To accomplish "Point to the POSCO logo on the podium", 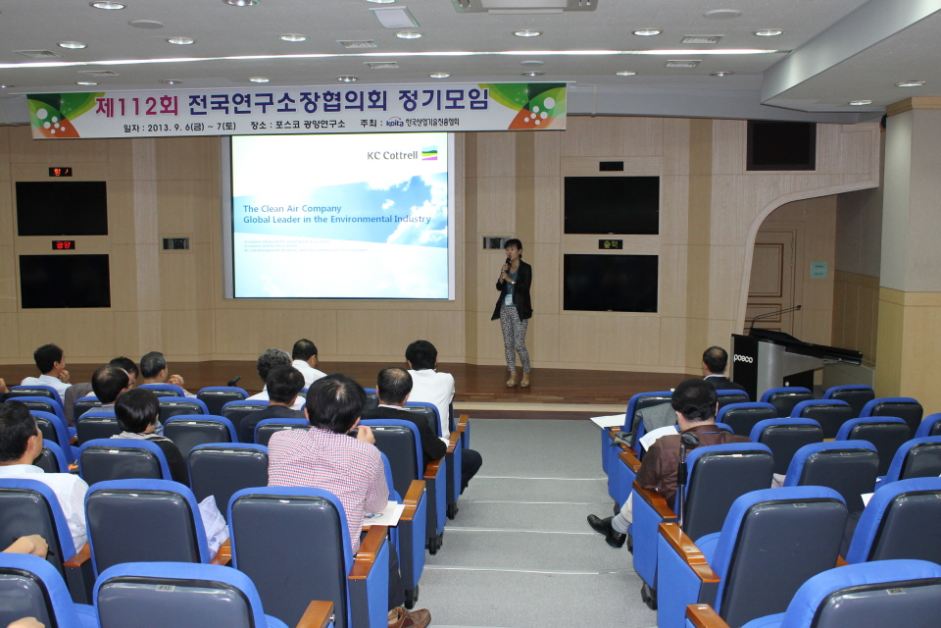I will pyautogui.click(x=743, y=359).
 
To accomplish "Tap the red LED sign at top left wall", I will pyautogui.click(x=61, y=172).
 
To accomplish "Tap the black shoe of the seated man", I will pyautogui.click(x=606, y=530).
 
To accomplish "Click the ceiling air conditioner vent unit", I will pyautogui.click(x=524, y=5).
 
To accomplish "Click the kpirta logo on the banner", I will pyautogui.click(x=394, y=124).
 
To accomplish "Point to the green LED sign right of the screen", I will pyautogui.click(x=611, y=244).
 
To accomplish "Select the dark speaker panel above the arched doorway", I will pyautogui.click(x=780, y=145).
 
